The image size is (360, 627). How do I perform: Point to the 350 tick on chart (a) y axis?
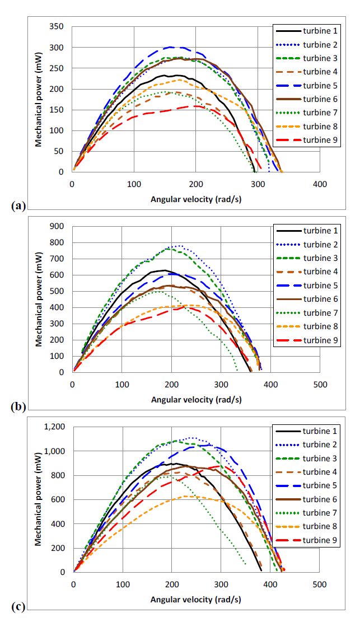56,27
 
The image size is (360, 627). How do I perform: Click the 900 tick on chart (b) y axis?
56,227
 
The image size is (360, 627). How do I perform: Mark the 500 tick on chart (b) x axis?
320,384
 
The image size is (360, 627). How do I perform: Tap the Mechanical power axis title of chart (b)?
39,300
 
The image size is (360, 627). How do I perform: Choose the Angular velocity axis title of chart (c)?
196,599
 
